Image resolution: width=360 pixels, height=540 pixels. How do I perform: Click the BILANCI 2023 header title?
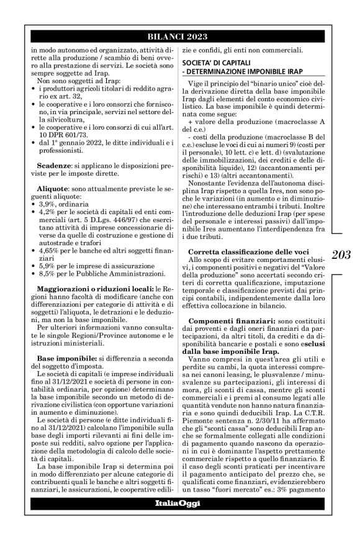(179, 37)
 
